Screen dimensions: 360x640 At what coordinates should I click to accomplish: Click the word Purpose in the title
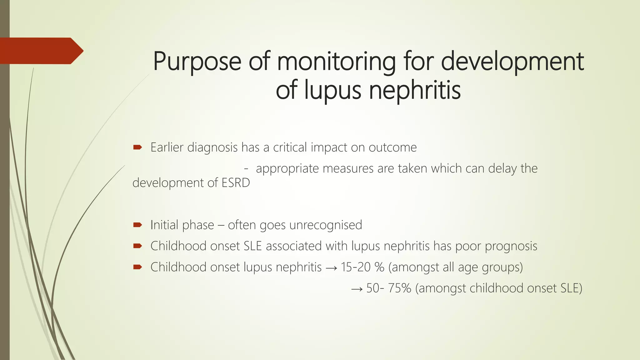click(197, 62)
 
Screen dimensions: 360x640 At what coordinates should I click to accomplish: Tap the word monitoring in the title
click(336, 62)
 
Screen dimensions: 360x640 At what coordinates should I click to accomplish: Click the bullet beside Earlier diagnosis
click(137, 147)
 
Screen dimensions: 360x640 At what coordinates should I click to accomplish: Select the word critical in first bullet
click(290, 147)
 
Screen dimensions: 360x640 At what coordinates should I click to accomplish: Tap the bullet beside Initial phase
click(137, 225)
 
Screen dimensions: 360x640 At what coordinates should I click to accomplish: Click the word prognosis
click(511, 246)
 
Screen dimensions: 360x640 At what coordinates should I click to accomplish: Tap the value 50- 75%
click(389, 288)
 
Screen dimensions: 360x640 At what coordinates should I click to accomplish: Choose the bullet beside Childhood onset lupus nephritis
click(137, 267)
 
